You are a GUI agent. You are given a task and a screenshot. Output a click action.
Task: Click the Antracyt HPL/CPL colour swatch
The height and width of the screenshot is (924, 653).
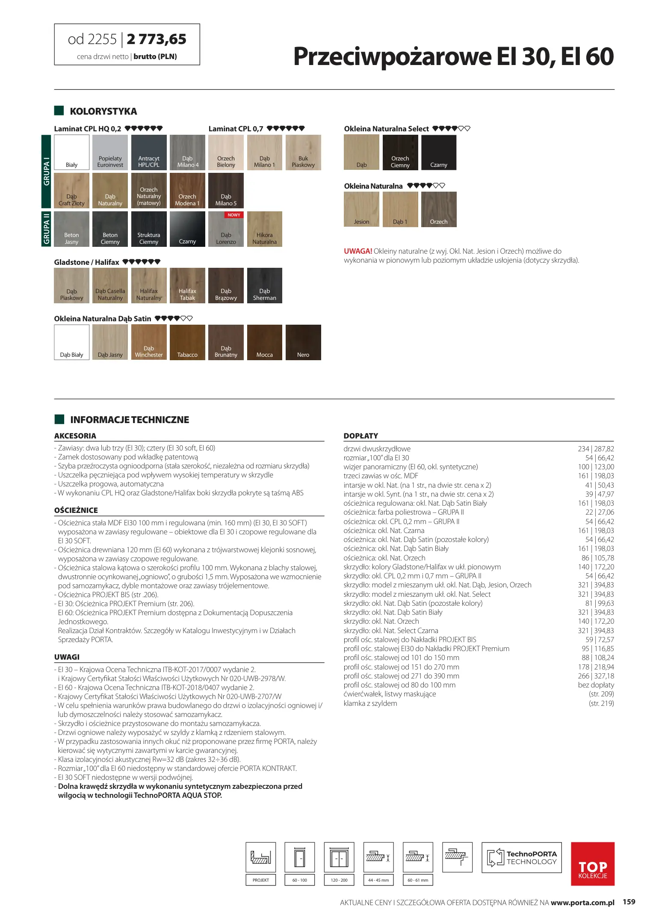[x=149, y=152]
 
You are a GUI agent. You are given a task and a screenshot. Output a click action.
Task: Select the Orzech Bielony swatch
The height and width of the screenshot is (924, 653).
[x=226, y=152]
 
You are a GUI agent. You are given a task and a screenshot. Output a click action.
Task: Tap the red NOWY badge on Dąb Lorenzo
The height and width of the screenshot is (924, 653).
[x=234, y=215]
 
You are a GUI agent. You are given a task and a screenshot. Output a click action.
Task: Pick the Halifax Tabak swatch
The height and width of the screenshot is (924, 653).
[x=187, y=285]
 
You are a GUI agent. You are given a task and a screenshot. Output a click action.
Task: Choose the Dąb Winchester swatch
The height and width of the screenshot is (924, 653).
[x=149, y=342]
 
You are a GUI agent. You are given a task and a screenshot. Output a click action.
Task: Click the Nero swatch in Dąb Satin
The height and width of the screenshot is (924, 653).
[x=303, y=342]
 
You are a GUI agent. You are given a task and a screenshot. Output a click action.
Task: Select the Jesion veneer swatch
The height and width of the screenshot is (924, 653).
[x=361, y=209]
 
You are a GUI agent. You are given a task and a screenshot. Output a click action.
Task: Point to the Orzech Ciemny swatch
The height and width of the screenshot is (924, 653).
[x=400, y=152]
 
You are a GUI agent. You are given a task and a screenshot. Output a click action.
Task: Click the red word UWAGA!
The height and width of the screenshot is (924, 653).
[x=358, y=251]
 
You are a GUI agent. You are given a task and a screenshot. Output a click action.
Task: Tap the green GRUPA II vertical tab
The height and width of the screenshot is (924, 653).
[x=46, y=229]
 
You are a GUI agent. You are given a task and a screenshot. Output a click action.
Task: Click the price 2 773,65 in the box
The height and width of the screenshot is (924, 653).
[x=157, y=39]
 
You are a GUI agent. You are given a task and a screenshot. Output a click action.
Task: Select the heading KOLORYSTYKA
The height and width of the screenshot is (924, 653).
[x=103, y=111]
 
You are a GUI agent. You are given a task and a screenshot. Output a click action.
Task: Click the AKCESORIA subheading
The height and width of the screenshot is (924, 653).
[x=75, y=436]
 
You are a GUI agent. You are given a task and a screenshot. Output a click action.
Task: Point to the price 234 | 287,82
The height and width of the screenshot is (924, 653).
[x=596, y=449]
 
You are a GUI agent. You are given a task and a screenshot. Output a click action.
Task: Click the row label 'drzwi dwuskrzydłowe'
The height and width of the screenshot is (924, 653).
[x=377, y=449]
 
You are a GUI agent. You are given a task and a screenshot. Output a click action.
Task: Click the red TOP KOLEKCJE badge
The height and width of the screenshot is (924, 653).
[x=593, y=864]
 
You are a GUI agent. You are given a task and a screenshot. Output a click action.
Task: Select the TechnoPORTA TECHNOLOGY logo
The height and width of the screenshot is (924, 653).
[x=521, y=858]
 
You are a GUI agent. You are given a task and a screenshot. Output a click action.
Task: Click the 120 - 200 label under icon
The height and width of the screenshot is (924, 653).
[x=339, y=880]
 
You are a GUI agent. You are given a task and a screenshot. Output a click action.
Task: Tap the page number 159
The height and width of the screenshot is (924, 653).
[x=629, y=902]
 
